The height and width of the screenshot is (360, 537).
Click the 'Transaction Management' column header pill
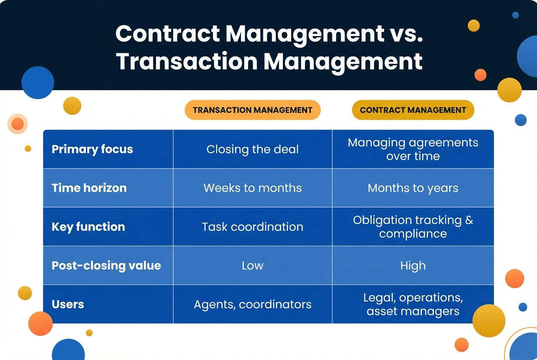pyautogui.click(x=252, y=110)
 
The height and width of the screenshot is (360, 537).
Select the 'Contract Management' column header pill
pyautogui.click(x=413, y=110)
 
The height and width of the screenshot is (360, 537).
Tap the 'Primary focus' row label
pyautogui.click(x=92, y=149)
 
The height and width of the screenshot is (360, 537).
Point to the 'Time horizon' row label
pyautogui.click(x=89, y=188)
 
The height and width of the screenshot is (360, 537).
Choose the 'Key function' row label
pyautogui.click(x=88, y=227)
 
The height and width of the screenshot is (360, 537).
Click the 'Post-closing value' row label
pyautogui.click(x=106, y=266)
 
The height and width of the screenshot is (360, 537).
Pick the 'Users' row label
pyautogui.click(x=68, y=304)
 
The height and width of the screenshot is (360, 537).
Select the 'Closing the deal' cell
pyautogui.click(x=252, y=149)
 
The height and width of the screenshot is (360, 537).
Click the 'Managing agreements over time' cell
pyautogui.click(x=413, y=149)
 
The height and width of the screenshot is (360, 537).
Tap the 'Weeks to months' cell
pyautogui.click(x=252, y=188)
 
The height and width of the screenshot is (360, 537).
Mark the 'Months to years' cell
pyautogui.click(x=413, y=188)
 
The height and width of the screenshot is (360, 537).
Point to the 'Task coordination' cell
pyautogui.click(x=252, y=227)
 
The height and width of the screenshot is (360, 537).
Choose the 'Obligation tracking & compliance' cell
pyautogui.click(x=413, y=227)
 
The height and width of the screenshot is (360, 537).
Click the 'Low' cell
pyautogui.click(x=252, y=266)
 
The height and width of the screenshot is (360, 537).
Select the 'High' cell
pyautogui.click(x=413, y=266)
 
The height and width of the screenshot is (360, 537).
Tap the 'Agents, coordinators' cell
pyautogui.click(x=252, y=304)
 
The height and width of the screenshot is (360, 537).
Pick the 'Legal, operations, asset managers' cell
pyautogui.click(x=413, y=304)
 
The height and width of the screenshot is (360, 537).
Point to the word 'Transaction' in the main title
pyautogui.click(x=187, y=62)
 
